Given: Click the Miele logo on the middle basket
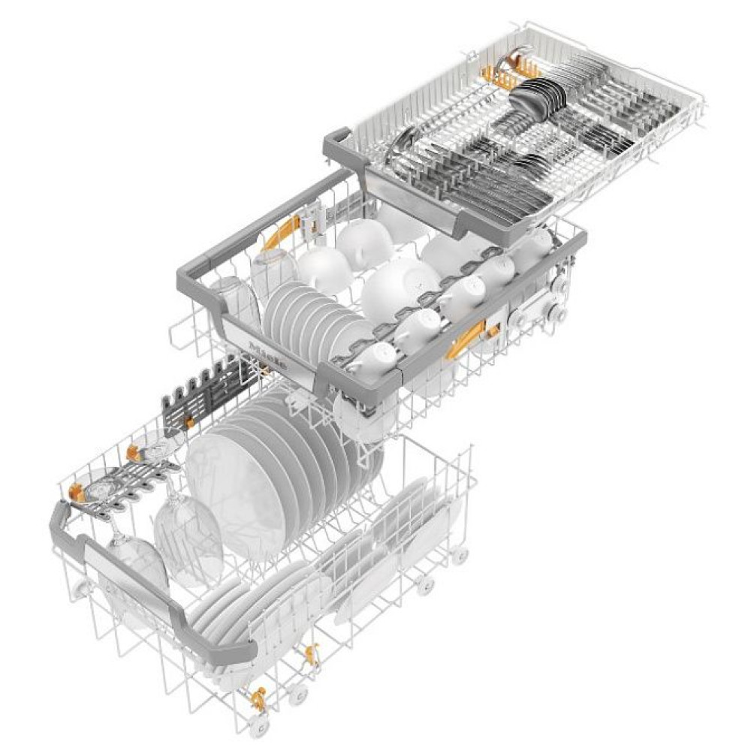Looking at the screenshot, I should point(267,353).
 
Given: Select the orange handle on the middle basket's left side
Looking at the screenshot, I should point(281,232).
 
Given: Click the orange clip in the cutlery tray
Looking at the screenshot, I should point(501,74).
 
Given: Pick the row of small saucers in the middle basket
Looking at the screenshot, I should point(304,308).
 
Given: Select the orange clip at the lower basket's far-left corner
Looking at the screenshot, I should point(75,492).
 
